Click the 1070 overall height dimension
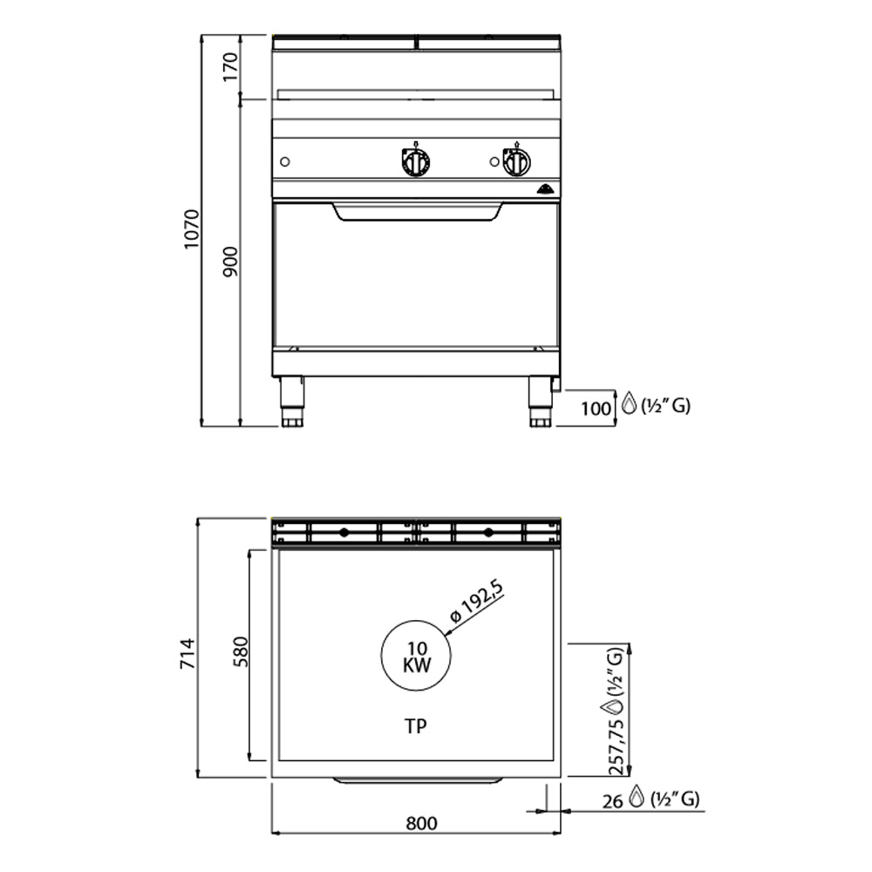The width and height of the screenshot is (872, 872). (191, 229)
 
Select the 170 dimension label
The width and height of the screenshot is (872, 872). (229, 67)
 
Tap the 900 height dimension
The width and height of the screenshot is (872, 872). (229, 262)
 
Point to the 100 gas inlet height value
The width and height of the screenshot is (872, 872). (596, 409)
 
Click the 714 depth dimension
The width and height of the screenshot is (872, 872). (187, 653)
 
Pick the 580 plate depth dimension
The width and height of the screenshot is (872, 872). (241, 651)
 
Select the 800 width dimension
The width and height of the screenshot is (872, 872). (421, 822)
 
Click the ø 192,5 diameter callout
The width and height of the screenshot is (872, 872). (477, 601)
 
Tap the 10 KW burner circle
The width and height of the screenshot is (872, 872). (416, 656)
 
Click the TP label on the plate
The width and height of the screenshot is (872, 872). (415, 726)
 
